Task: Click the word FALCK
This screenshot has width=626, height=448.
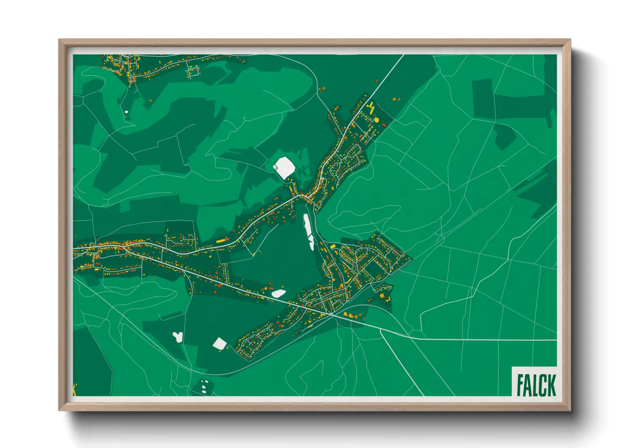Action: [536, 384]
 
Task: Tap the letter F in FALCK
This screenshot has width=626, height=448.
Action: [520, 384]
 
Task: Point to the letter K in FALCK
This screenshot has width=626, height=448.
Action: [551, 384]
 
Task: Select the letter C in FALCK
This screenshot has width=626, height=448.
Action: [543, 384]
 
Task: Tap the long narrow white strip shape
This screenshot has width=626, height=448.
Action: [308, 231]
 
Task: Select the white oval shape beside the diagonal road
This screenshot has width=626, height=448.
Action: [278, 293]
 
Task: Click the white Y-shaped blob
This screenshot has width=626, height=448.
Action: [178, 337]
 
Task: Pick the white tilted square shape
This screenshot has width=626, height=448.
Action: [220, 343]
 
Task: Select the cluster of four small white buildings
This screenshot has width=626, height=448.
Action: [205, 386]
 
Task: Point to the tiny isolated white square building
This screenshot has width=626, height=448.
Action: [126, 112]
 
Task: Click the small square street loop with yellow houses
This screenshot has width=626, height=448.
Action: [194, 71]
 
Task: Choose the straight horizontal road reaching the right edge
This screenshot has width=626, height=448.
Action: [486, 340]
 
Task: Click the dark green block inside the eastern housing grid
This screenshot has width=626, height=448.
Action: [373, 268]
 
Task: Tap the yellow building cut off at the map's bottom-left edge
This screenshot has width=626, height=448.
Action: [75, 390]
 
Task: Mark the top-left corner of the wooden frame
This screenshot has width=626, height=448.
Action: [59, 40]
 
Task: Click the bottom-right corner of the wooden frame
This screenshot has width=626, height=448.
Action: [571, 410]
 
